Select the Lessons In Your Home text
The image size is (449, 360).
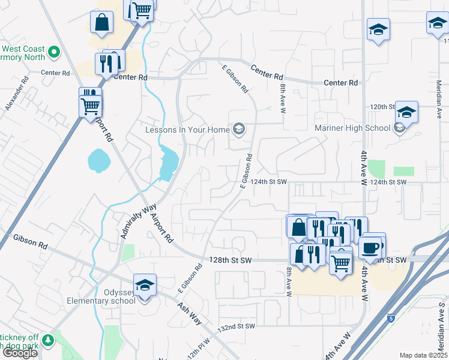[x=188, y=130]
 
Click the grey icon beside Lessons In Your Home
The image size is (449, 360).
[x=239, y=129]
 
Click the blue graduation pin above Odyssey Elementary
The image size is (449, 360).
[x=145, y=286]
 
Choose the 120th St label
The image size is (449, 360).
[x=382, y=106]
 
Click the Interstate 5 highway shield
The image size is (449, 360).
[x=391, y=317]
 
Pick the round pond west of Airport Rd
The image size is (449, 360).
[x=98, y=160]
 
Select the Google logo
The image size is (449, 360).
[x=20, y=353]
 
